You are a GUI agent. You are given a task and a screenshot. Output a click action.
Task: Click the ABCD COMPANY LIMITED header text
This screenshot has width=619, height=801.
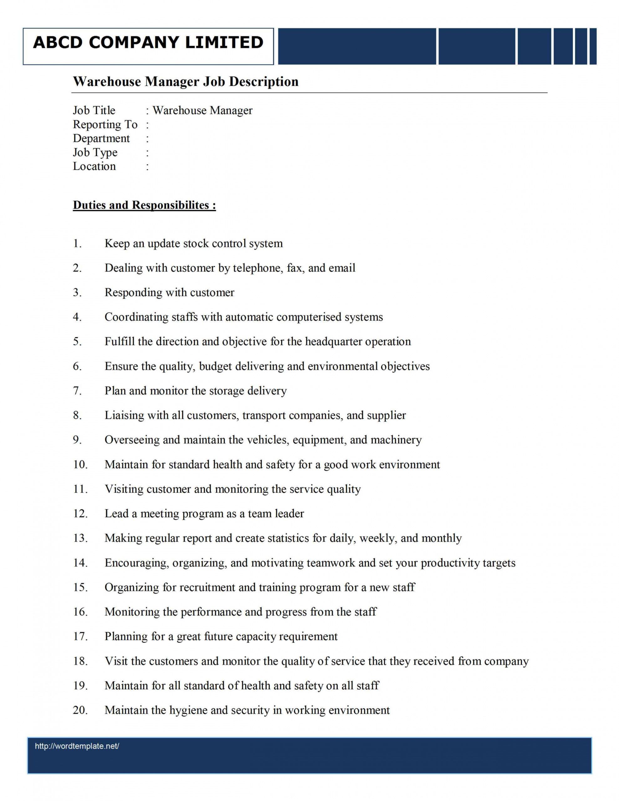point(148,42)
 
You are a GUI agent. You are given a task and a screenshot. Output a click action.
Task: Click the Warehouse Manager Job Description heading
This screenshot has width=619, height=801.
point(185,81)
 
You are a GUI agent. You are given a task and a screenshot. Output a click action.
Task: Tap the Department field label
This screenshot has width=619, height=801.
point(101,138)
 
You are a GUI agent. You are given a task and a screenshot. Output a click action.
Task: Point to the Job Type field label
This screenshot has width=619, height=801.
point(95,152)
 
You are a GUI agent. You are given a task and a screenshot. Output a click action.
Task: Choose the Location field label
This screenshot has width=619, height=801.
point(94,166)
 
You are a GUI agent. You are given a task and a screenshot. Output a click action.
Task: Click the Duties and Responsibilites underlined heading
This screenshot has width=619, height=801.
point(144,205)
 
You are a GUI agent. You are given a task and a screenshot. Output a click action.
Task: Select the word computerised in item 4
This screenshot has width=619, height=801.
point(309,317)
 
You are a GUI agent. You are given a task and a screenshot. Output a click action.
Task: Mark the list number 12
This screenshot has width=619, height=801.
point(80,513)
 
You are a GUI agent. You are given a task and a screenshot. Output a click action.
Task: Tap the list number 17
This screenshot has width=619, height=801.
point(80,636)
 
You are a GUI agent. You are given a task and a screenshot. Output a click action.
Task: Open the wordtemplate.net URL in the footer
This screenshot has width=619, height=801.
point(77,746)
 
